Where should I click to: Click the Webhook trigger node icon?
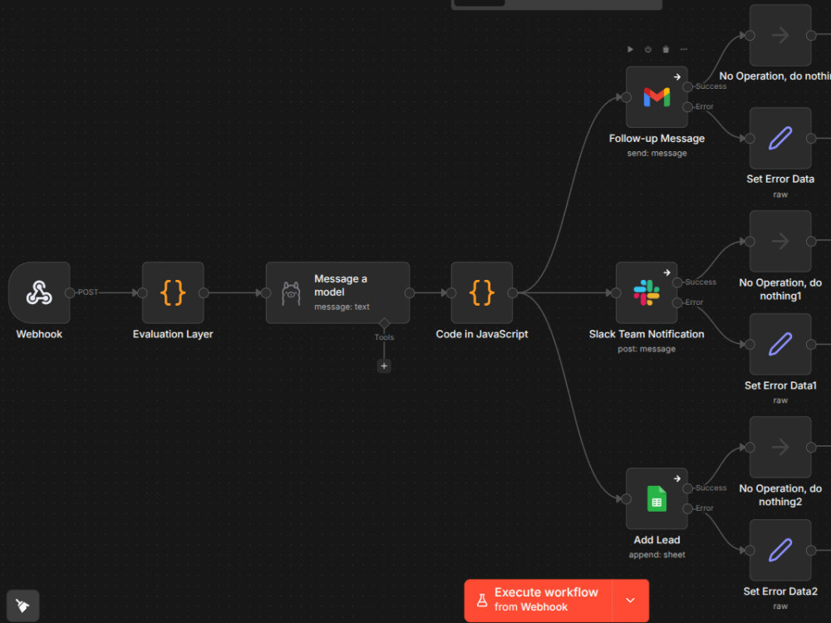click(x=39, y=292)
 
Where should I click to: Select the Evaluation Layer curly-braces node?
click(x=173, y=292)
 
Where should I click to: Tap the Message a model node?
click(x=337, y=292)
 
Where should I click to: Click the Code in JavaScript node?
click(x=482, y=292)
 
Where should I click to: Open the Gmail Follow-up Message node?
click(x=656, y=97)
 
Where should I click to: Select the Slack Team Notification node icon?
click(x=647, y=292)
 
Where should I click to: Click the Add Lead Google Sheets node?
click(x=656, y=498)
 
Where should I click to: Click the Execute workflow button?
click(x=538, y=601)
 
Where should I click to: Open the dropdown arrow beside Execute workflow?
click(x=630, y=601)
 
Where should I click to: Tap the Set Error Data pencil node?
click(x=780, y=138)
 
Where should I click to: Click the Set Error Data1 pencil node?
click(x=780, y=345)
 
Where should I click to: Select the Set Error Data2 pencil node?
click(x=780, y=550)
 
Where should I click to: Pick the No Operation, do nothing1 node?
click(x=780, y=241)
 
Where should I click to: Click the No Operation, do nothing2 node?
click(x=780, y=447)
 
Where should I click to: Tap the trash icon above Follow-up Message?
click(x=666, y=49)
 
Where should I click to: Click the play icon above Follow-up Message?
click(x=630, y=49)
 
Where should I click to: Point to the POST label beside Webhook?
click(x=88, y=292)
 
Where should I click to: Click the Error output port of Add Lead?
click(x=688, y=508)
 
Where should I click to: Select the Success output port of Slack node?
click(x=677, y=282)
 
